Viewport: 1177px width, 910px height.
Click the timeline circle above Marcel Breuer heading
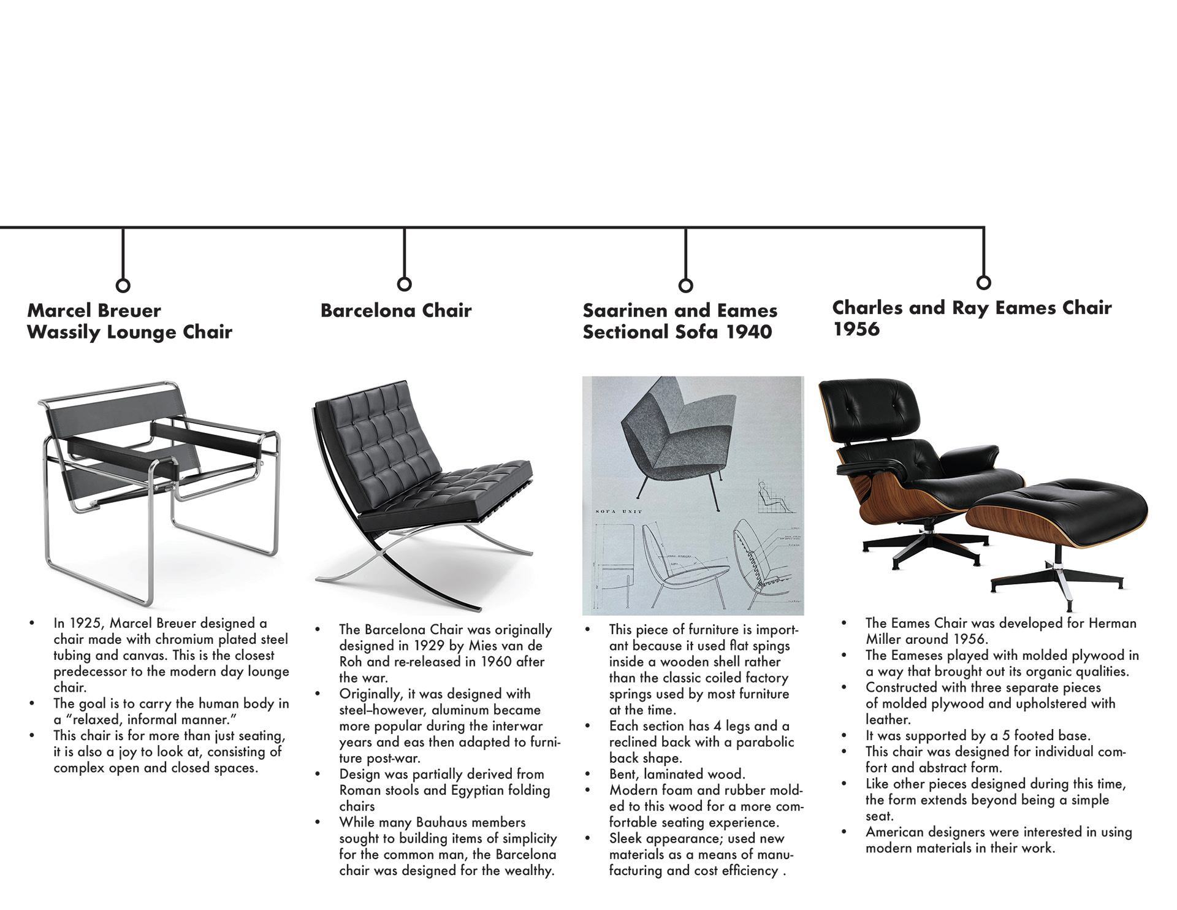coord(123,285)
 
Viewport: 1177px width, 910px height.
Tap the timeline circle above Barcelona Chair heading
coord(404,284)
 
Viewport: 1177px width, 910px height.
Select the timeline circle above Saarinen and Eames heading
coord(686,285)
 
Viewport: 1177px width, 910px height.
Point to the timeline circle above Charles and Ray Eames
coord(983,282)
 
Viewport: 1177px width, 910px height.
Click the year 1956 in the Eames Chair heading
coord(856,329)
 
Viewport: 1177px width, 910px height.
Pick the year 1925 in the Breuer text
coord(85,623)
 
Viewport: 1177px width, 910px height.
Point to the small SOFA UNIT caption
coord(619,511)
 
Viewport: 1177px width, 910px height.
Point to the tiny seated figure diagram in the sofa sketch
coord(775,498)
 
